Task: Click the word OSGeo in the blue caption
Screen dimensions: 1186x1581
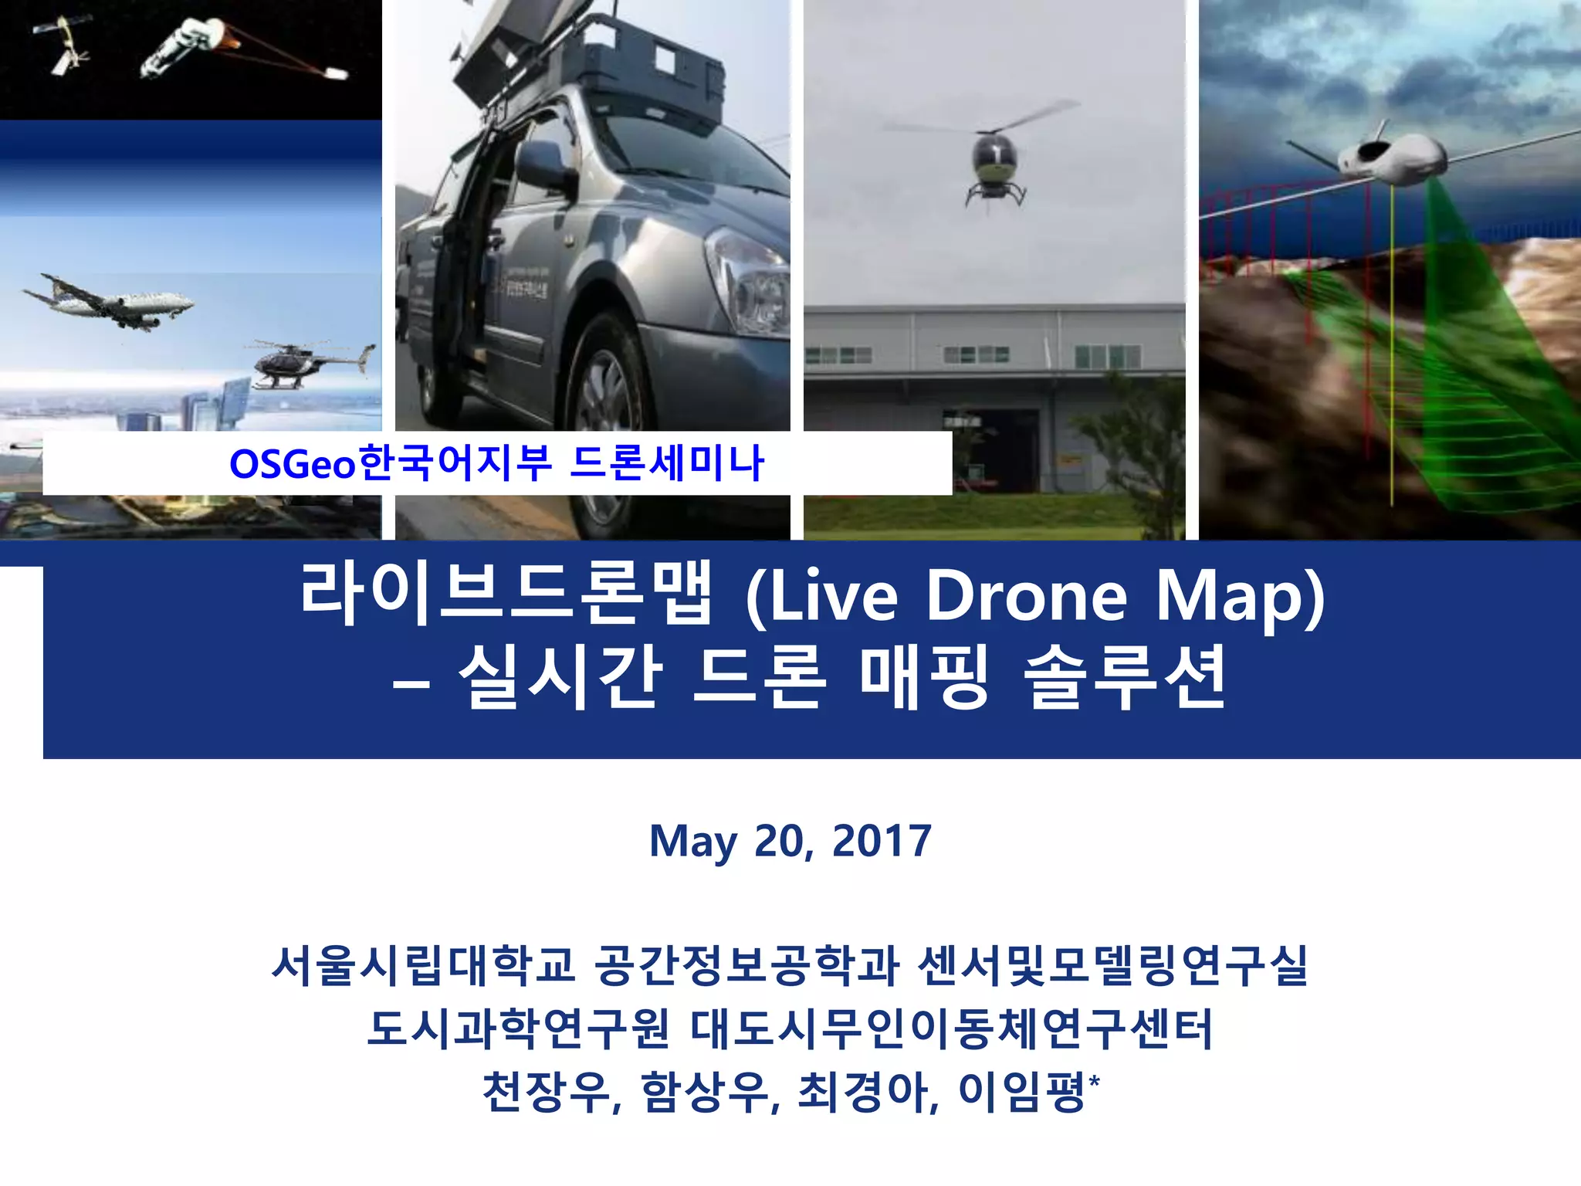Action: (293, 464)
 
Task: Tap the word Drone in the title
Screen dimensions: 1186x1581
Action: (1026, 596)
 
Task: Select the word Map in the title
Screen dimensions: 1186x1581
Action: (1240, 596)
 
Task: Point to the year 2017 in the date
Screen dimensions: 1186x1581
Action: (882, 841)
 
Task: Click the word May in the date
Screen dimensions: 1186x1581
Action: (692, 841)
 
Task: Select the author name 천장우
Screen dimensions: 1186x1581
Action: (549, 1092)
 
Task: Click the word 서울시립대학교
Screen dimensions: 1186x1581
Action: (424, 965)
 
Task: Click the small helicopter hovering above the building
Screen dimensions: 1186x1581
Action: (995, 162)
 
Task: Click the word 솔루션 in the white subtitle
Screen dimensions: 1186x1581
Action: (1125, 678)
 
